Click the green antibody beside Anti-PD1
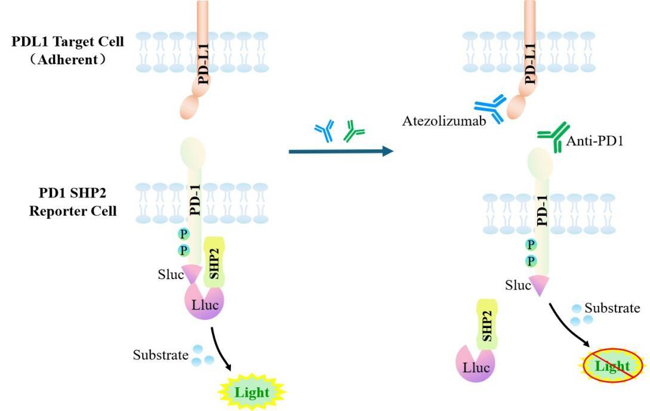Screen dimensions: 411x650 [x=553, y=137]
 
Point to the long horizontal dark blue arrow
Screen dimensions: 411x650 [x=341, y=152]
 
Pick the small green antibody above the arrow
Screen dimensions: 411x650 [x=354, y=131]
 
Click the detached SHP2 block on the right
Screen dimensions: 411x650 [x=487, y=324]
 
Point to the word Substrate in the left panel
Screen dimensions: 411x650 [x=160, y=356]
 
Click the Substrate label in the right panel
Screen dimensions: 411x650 [x=612, y=308]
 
